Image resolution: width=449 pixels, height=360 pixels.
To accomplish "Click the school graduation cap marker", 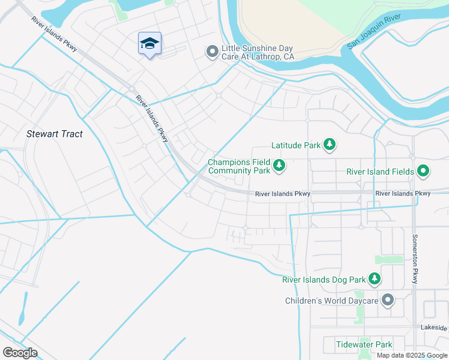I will [x=149, y=43].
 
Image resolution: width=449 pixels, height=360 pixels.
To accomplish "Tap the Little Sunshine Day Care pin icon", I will [x=211, y=52].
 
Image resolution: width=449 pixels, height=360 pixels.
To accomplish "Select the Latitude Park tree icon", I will [x=329, y=145].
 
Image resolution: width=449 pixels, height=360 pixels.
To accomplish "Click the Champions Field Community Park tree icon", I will [x=279, y=166].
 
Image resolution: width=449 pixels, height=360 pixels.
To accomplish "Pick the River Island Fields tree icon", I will [x=423, y=172].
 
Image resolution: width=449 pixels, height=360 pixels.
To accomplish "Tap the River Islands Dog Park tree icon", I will [x=375, y=279].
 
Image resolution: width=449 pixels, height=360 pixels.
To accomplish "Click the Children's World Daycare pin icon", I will [x=388, y=299].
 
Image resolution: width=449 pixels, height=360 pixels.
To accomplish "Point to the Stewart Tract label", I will [x=55, y=134].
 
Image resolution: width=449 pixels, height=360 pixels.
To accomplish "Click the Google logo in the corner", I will [x=20, y=352].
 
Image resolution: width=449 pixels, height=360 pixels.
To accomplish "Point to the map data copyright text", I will [x=412, y=355].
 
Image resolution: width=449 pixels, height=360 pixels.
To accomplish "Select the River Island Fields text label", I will [x=380, y=172].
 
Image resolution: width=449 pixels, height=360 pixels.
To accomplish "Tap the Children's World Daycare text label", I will [x=331, y=299].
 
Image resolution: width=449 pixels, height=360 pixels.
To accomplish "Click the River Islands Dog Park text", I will [x=324, y=280].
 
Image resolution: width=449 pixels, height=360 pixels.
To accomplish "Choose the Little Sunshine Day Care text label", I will [x=258, y=52].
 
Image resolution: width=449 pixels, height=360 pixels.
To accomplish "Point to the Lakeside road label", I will [x=434, y=328].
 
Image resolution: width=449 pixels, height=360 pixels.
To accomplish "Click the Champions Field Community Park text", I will [x=239, y=166].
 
